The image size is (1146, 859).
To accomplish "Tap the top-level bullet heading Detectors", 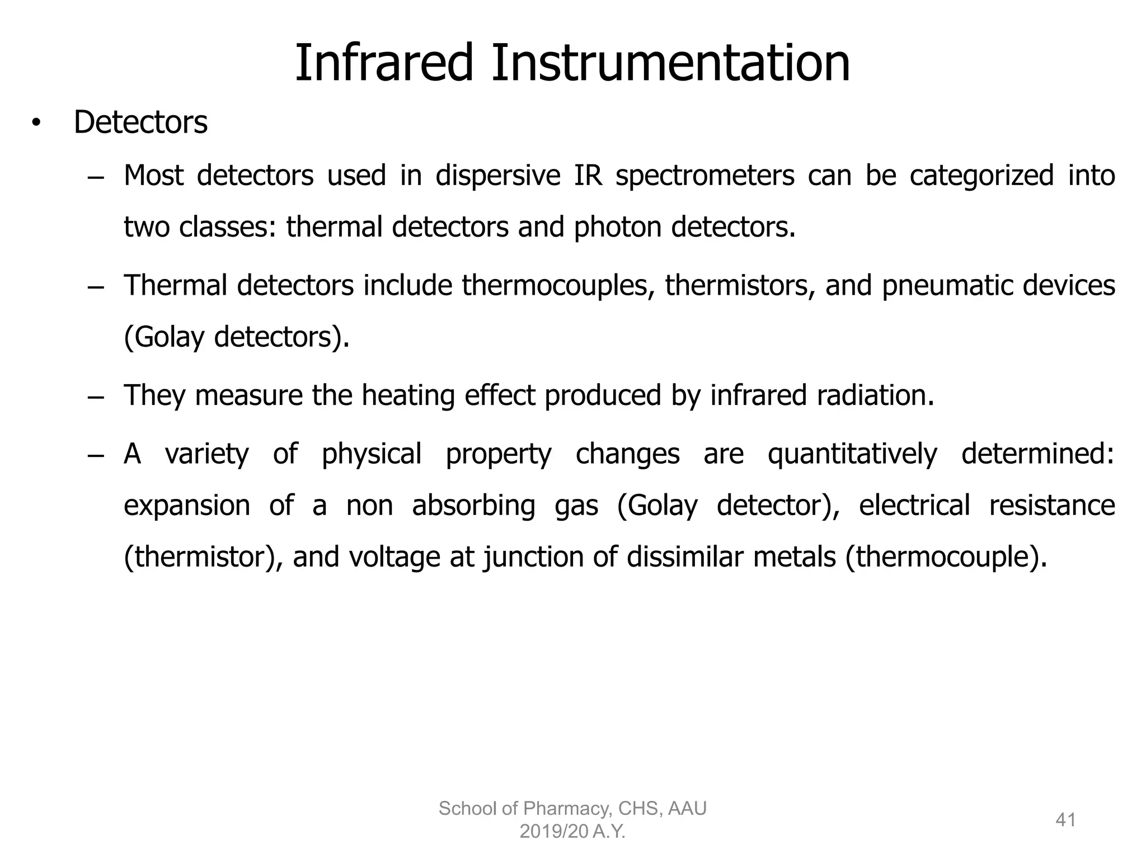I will [x=140, y=122].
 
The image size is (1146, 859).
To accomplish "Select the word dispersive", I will [x=497, y=176].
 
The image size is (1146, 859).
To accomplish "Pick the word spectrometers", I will [x=704, y=177].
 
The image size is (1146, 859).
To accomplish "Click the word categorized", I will [x=981, y=177].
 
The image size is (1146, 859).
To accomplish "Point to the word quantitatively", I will [x=852, y=454].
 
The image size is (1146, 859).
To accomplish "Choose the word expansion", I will [x=187, y=506].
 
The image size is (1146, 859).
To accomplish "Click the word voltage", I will [x=394, y=557].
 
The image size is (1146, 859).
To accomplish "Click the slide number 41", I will [x=1065, y=820].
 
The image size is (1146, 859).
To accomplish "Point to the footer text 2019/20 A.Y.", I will [x=572, y=832].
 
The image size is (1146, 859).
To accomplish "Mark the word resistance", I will [x=1051, y=505].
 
